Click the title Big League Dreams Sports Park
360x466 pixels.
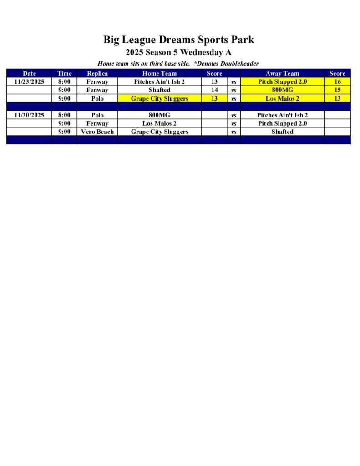coord(178,40)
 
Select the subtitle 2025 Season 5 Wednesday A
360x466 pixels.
coord(178,52)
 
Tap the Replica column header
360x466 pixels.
coord(97,73)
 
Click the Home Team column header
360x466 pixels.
coord(159,73)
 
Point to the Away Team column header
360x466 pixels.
coord(282,73)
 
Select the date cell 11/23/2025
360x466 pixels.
coord(29,82)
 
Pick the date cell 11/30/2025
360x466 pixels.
coord(29,115)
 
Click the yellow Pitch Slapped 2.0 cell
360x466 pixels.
coord(282,82)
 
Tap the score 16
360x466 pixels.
coord(337,82)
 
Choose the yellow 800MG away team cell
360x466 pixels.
coord(282,90)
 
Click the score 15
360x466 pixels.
coord(337,90)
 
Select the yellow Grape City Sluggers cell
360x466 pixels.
coord(159,98)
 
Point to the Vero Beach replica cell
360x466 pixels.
coord(97,132)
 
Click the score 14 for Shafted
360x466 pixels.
coord(214,90)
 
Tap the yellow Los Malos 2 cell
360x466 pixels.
coord(282,98)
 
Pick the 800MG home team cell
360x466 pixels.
coord(159,115)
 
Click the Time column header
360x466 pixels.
coord(64,73)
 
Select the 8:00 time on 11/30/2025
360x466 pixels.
coord(64,115)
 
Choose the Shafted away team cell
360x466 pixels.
coord(282,132)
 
